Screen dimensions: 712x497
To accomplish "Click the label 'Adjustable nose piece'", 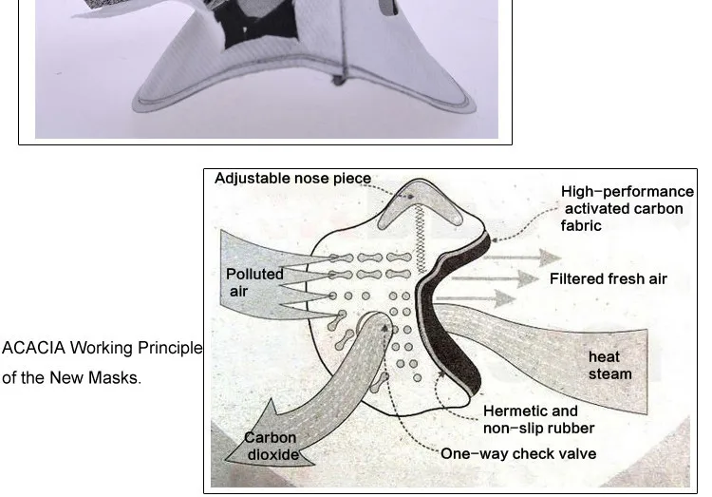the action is coord(292,179).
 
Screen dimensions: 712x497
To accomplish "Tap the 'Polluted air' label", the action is coord(253,282).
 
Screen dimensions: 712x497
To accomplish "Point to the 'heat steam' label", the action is coord(608,365).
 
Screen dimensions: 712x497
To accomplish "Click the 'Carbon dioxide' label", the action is coord(272,446).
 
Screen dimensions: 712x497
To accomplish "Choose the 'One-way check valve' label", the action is coord(518,453).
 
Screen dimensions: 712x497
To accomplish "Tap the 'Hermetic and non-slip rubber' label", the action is coord(536,419).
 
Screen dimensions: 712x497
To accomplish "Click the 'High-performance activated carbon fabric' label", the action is coord(627,208).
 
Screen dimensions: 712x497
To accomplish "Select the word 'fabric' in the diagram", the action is coord(581,226).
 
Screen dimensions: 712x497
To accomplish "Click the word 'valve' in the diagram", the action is coord(576,453).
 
